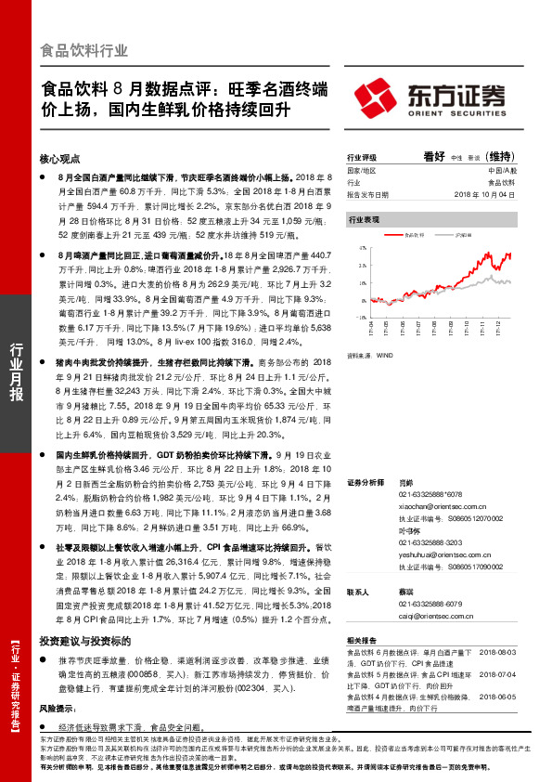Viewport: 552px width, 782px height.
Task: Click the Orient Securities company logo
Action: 432,97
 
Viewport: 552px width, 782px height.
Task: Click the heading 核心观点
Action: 61,159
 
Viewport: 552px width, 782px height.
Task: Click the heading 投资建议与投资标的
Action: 84,641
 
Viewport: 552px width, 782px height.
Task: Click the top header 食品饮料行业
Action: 84,50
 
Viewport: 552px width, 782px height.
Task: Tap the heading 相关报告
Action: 360,641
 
